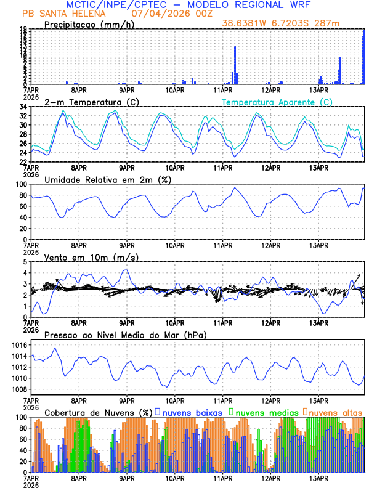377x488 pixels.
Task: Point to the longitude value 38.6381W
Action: pos(243,24)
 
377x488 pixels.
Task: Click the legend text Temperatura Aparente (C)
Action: pos(277,102)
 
